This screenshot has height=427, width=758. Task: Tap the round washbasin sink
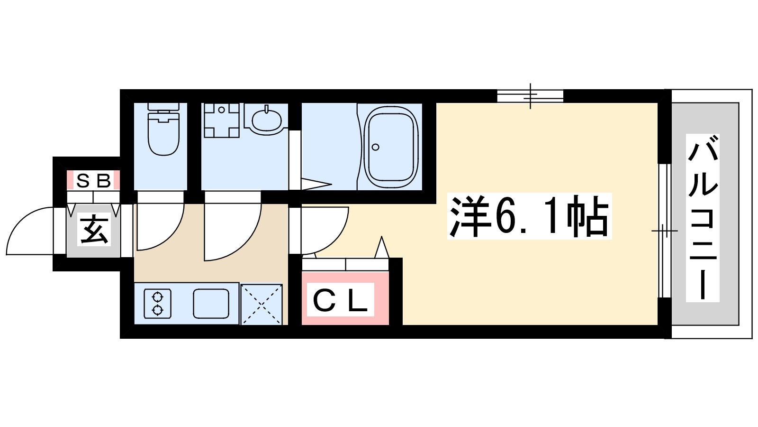click(267, 120)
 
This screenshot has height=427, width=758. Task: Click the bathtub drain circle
click(376, 147)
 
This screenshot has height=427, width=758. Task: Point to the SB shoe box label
click(93, 181)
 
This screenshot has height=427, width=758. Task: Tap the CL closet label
click(340, 300)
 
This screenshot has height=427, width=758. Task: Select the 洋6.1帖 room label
click(529, 216)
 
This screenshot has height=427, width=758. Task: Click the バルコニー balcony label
click(703, 218)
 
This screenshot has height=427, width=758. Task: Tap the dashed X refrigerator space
click(262, 304)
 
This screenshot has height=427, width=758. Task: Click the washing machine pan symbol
click(221, 121)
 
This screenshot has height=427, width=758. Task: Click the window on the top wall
click(530, 96)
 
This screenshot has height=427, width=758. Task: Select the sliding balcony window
click(665, 231)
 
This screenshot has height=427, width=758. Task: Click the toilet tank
click(163, 107)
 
